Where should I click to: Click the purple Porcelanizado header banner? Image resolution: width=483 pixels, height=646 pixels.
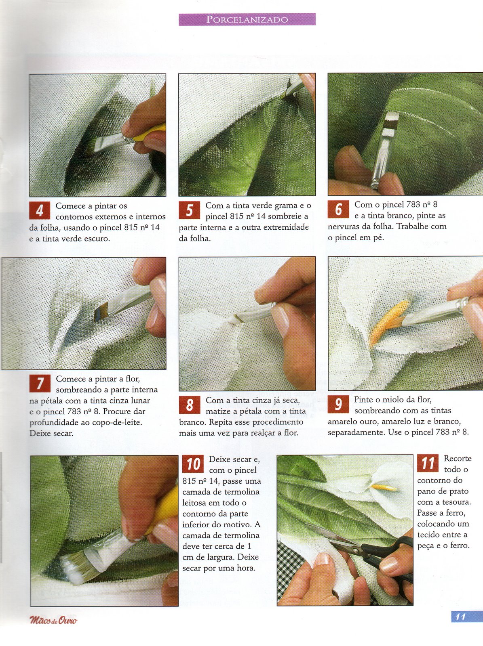click(x=247, y=19)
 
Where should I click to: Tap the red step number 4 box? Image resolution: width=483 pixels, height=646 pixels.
click(x=40, y=210)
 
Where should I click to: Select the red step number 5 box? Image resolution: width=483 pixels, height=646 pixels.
click(x=190, y=210)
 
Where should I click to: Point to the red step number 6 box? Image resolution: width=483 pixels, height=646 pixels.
click(x=338, y=209)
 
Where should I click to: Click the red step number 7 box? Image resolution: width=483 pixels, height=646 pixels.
click(x=40, y=384)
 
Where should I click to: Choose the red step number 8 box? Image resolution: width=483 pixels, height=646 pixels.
click(x=190, y=405)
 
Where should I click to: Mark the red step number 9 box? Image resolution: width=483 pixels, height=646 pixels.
click(x=338, y=405)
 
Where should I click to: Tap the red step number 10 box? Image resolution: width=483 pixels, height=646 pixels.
click(x=193, y=464)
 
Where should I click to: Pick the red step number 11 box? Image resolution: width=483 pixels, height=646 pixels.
click(x=428, y=463)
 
